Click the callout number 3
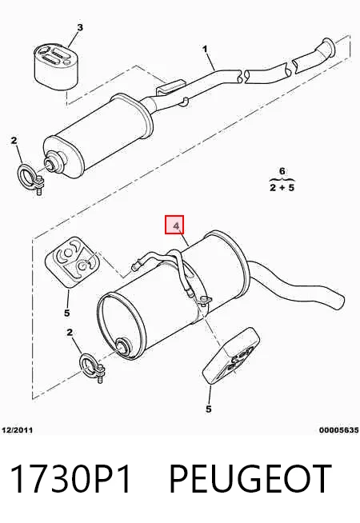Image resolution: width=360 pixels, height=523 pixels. coord(79,27)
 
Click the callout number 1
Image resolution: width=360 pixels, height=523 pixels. coord(205,49)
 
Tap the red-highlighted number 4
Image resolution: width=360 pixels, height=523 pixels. coord(177,226)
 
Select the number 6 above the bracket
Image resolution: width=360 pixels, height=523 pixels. coord(282,171)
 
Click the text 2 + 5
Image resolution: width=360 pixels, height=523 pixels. coord(282,187)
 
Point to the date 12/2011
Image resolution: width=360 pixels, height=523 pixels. coord(18,430)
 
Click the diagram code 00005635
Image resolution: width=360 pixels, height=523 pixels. coord(338,430)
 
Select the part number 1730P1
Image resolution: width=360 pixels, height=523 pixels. coord(70,478)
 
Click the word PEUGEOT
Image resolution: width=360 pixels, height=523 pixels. coord(250,478)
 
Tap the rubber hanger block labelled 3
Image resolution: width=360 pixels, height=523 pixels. coord(56,66)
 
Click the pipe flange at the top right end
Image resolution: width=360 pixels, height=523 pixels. coord(327,46)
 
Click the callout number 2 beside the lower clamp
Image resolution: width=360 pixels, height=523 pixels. coord(70,332)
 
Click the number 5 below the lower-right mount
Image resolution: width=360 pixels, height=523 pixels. coord(209,409)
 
